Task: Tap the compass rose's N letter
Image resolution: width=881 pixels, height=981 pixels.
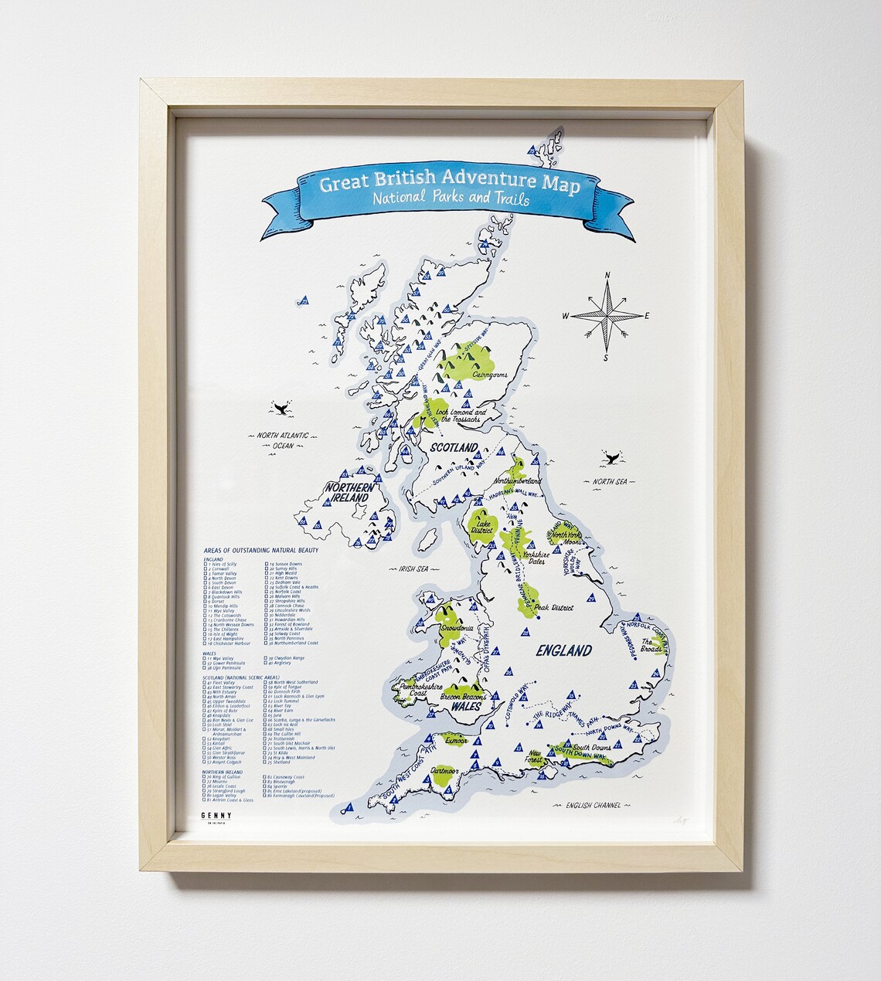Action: pyautogui.click(x=607, y=275)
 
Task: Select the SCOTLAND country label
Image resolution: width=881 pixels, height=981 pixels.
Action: pyautogui.click(x=454, y=448)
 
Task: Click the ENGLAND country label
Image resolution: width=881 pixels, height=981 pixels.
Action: pyautogui.click(x=564, y=650)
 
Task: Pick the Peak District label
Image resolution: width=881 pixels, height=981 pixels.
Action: pyautogui.click(x=553, y=608)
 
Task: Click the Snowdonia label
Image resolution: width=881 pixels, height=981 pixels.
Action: pyautogui.click(x=455, y=629)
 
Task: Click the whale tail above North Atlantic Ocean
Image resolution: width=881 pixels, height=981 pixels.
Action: pyautogui.click(x=280, y=408)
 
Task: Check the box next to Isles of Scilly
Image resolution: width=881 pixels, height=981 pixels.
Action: pyautogui.click(x=206, y=565)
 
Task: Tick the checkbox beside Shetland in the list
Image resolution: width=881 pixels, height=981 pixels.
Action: pyautogui.click(x=267, y=762)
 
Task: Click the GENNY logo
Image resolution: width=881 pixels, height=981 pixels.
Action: pyautogui.click(x=216, y=814)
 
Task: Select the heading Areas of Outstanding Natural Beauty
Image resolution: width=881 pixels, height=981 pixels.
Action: pyautogui.click(x=261, y=550)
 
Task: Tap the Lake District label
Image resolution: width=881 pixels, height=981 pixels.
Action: pyautogui.click(x=481, y=527)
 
